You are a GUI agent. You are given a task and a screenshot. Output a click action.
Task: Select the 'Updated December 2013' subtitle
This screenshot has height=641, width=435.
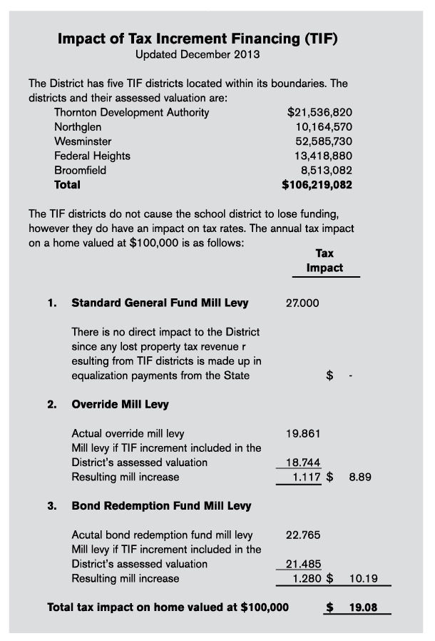pyautogui.click(x=198, y=54)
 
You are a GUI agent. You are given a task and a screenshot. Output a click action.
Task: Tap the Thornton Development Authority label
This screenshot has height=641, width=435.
pyautogui.click(x=132, y=112)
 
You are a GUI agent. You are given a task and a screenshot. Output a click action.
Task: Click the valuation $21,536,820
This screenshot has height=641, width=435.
pyautogui.click(x=319, y=112)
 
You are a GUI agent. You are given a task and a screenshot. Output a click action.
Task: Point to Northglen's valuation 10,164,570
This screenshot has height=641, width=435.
pyautogui.click(x=324, y=126)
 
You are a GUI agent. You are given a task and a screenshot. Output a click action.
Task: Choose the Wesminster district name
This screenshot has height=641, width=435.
pyautogui.click(x=83, y=141)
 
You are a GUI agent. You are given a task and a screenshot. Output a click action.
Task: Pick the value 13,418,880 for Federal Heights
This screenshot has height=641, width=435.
pyautogui.click(x=324, y=156)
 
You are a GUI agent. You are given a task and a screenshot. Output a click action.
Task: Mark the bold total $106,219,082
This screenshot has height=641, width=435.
pyautogui.click(x=317, y=185)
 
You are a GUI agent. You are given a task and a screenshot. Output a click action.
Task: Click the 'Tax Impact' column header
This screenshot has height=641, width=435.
pyautogui.click(x=324, y=261)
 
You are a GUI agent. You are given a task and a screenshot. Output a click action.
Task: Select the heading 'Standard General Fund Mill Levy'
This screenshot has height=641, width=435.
pyautogui.click(x=160, y=303)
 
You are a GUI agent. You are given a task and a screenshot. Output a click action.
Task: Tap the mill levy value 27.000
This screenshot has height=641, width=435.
pyautogui.click(x=302, y=303)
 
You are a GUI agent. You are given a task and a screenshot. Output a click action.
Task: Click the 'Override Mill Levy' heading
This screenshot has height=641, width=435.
pyautogui.click(x=120, y=404)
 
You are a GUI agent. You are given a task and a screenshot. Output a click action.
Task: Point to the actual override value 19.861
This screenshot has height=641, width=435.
pyautogui.click(x=303, y=433)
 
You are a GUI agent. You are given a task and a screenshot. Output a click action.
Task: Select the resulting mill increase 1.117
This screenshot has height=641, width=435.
pyautogui.click(x=307, y=477)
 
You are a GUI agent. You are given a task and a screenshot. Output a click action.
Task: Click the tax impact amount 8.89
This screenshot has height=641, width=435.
pyautogui.click(x=362, y=477)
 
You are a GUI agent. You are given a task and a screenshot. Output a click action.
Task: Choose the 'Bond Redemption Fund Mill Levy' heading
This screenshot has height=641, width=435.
pyautogui.click(x=161, y=506)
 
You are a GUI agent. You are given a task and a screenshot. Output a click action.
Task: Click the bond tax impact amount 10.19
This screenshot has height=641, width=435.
pyautogui.click(x=364, y=578)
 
